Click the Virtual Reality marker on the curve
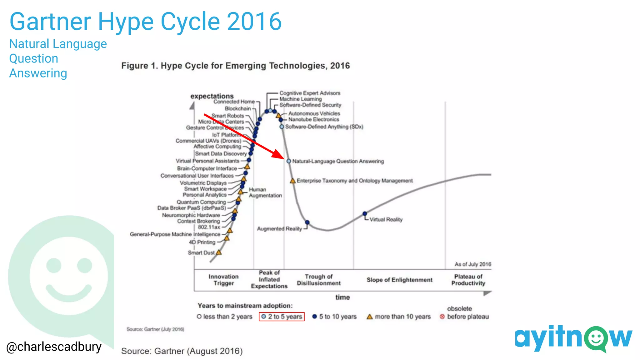tap(365, 214)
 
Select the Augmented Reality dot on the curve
tap(307, 222)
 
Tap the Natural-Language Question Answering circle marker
tap(289, 161)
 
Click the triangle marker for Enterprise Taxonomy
tap(293, 181)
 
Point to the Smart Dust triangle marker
tap(219, 252)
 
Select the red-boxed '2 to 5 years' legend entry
tap(282, 317)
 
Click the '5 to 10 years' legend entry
tap(334, 317)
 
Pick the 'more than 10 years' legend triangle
tap(370, 317)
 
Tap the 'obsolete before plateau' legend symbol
tap(442, 317)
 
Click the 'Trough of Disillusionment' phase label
tap(318, 280)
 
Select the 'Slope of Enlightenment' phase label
tap(399, 280)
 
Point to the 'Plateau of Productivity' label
tap(468, 280)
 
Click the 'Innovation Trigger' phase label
tap(223, 280)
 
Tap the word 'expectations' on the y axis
tap(212, 96)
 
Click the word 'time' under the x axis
tap(342, 297)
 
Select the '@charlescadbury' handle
tap(54, 347)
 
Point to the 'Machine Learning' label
tap(300, 99)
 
